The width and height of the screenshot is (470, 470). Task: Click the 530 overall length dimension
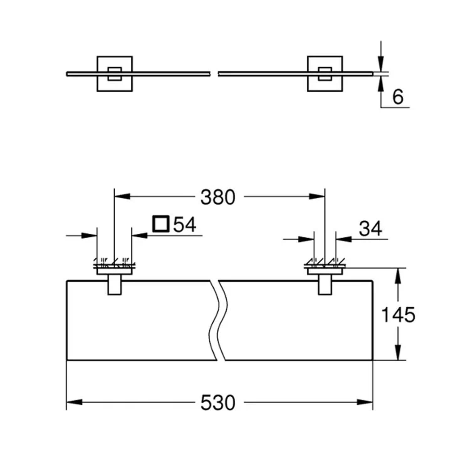coord(218,403)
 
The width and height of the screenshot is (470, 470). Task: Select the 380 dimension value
coord(218,197)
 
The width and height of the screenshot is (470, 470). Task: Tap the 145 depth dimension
coord(398,315)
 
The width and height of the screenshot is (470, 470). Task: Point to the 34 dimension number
coord(370,228)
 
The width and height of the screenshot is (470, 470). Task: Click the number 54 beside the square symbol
coord(185,224)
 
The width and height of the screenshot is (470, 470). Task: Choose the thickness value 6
coord(398,97)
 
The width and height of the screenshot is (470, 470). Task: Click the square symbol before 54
coord(161,224)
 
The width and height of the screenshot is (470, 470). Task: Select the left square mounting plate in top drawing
coord(115,74)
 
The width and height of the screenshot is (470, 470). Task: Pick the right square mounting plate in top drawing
coord(325,74)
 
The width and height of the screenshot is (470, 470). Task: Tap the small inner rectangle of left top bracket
coord(115,74)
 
